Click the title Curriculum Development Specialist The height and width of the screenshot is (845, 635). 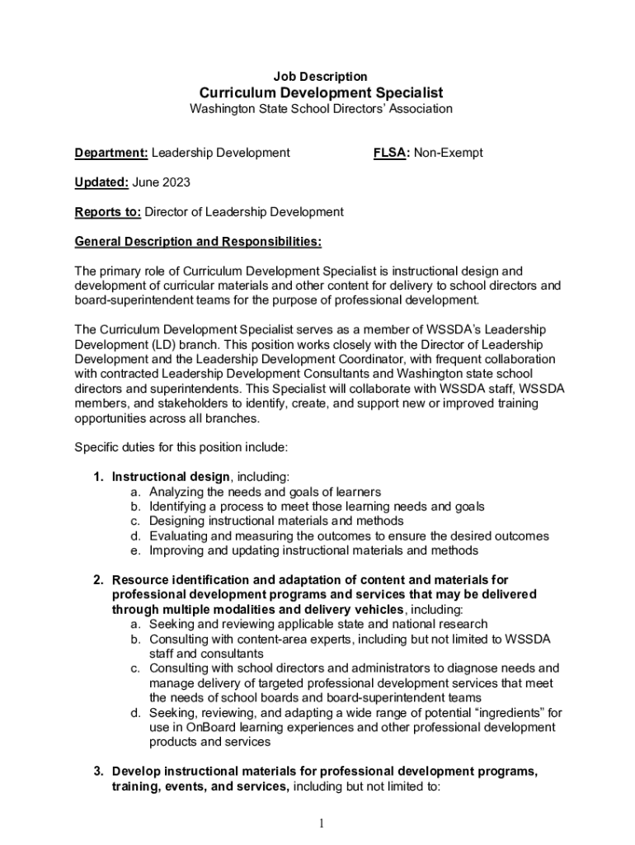point(321,92)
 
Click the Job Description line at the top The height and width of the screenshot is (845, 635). point(321,77)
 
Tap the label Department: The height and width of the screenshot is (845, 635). point(111,153)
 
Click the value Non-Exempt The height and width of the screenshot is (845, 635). point(449,153)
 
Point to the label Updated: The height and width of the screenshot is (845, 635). point(101,182)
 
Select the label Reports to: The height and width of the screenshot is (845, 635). point(108,212)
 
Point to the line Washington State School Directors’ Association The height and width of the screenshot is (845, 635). point(321,109)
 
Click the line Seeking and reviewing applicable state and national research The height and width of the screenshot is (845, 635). point(318,625)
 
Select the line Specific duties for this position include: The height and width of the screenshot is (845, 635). point(181,447)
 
